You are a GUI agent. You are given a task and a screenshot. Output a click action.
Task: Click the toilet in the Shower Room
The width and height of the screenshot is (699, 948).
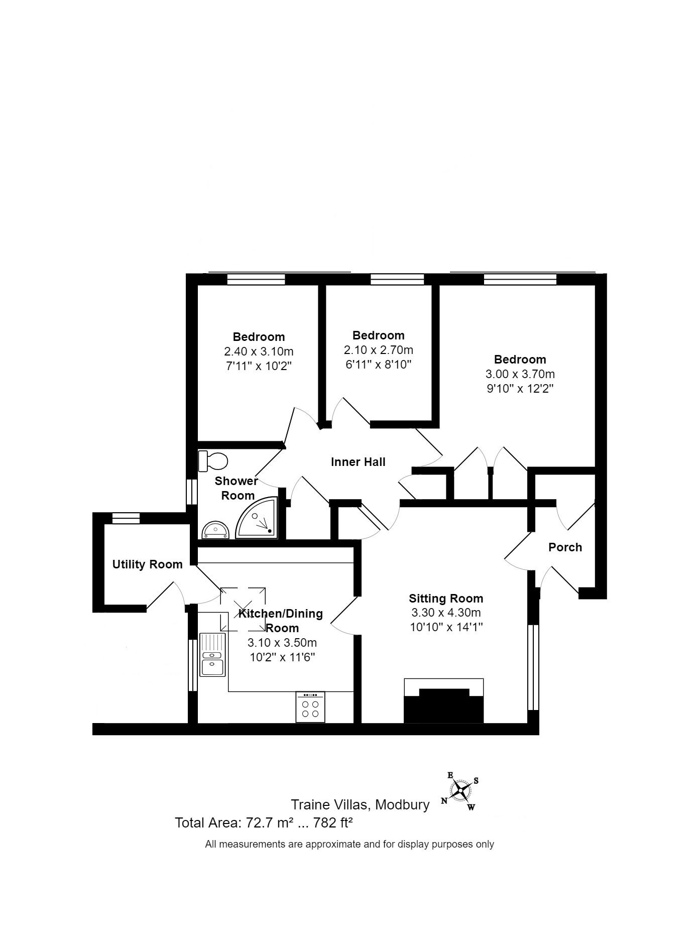pos(213,461)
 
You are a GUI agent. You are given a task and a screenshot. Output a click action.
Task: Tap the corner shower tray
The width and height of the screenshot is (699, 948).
pos(257,518)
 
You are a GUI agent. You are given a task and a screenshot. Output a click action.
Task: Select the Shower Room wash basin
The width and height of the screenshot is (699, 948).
pos(216,529)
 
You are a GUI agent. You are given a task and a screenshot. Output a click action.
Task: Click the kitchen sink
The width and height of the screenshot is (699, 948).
pos(213,654)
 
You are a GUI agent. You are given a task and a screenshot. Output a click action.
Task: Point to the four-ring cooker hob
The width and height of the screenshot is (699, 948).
pos(310,707)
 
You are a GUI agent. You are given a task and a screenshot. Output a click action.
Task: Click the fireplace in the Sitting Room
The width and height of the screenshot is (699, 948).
pos(444,700)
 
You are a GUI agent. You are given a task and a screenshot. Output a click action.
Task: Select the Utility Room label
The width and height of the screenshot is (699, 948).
pos(147,564)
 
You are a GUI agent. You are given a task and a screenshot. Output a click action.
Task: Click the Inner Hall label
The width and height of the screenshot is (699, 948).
pos(358,462)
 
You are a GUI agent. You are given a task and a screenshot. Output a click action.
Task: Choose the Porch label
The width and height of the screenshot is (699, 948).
pos(565,547)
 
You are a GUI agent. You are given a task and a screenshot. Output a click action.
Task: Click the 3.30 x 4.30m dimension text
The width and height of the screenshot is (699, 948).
pos(446,613)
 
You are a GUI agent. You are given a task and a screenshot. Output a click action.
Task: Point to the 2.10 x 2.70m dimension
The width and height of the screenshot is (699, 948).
pos(379,349)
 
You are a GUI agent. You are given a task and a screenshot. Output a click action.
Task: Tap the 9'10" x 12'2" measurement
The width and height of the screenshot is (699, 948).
pos(520,388)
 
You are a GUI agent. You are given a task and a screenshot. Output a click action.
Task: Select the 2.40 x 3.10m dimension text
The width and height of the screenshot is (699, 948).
pos(259,351)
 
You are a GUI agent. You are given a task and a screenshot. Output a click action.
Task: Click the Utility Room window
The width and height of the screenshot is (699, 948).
pos(126,518)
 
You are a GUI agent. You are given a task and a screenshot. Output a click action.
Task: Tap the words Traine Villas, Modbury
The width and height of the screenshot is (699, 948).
pos(361,805)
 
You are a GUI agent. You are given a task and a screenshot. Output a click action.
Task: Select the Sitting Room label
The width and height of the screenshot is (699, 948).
pos(446,599)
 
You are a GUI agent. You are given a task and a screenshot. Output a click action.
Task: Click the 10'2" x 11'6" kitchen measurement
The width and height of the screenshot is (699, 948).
pos(282,657)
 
